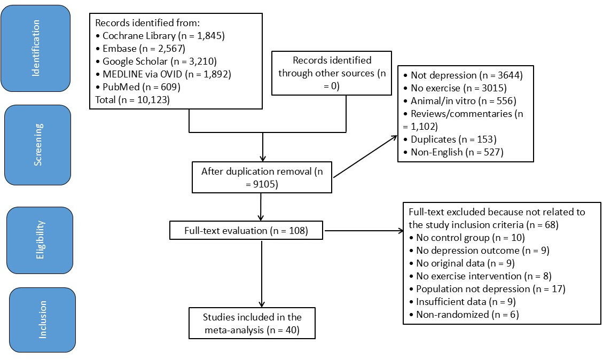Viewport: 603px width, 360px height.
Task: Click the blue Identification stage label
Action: tap(36, 49)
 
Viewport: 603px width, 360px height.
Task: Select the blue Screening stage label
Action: tap(38, 145)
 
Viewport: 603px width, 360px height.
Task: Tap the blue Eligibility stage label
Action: tap(40, 240)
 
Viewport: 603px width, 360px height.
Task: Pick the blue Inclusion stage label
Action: tap(42, 319)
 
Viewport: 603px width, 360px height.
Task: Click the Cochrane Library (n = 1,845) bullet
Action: tap(160, 36)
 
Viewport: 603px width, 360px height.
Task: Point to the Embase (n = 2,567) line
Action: tap(140, 49)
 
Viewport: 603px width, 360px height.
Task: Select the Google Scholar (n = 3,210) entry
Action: tap(156, 61)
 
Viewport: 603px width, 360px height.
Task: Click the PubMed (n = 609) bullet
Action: tap(138, 87)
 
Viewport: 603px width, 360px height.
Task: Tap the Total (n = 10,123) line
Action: tap(132, 100)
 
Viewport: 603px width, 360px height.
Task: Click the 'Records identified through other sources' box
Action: tap(332, 73)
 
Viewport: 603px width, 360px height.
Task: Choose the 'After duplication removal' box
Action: tap(262, 177)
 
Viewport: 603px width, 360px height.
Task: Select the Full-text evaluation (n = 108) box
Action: tap(246, 230)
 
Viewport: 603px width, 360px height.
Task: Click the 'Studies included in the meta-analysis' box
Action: tap(252, 323)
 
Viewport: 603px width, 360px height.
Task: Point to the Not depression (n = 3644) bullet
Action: tap(463, 75)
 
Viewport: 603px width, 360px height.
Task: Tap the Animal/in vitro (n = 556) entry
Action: tap(459, 101)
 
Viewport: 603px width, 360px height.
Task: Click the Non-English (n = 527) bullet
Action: tap(453, 152)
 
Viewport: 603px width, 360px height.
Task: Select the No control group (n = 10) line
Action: tap(467, 237)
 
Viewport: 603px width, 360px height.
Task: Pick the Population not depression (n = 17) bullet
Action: tap(487, 288)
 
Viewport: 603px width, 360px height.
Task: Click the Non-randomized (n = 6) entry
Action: tap(464, 314)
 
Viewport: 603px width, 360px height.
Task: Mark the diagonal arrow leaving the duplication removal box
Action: tap(365, 156)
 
